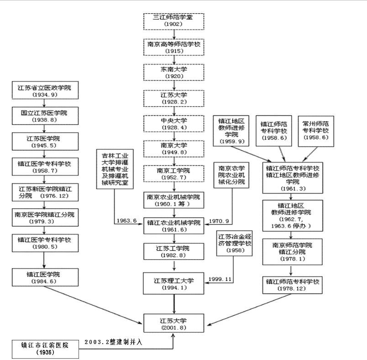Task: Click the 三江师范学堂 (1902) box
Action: point(173,21)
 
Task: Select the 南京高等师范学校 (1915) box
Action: point(173,47)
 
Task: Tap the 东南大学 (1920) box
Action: point(173,73)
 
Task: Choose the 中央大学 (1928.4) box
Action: point(173,124)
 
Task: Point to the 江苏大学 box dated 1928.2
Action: point(173,98)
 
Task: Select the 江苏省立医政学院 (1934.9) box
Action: point(45,91)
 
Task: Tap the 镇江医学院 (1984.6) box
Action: point(45,277)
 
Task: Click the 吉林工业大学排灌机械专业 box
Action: point(115,169)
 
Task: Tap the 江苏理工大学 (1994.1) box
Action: point(173,283)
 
